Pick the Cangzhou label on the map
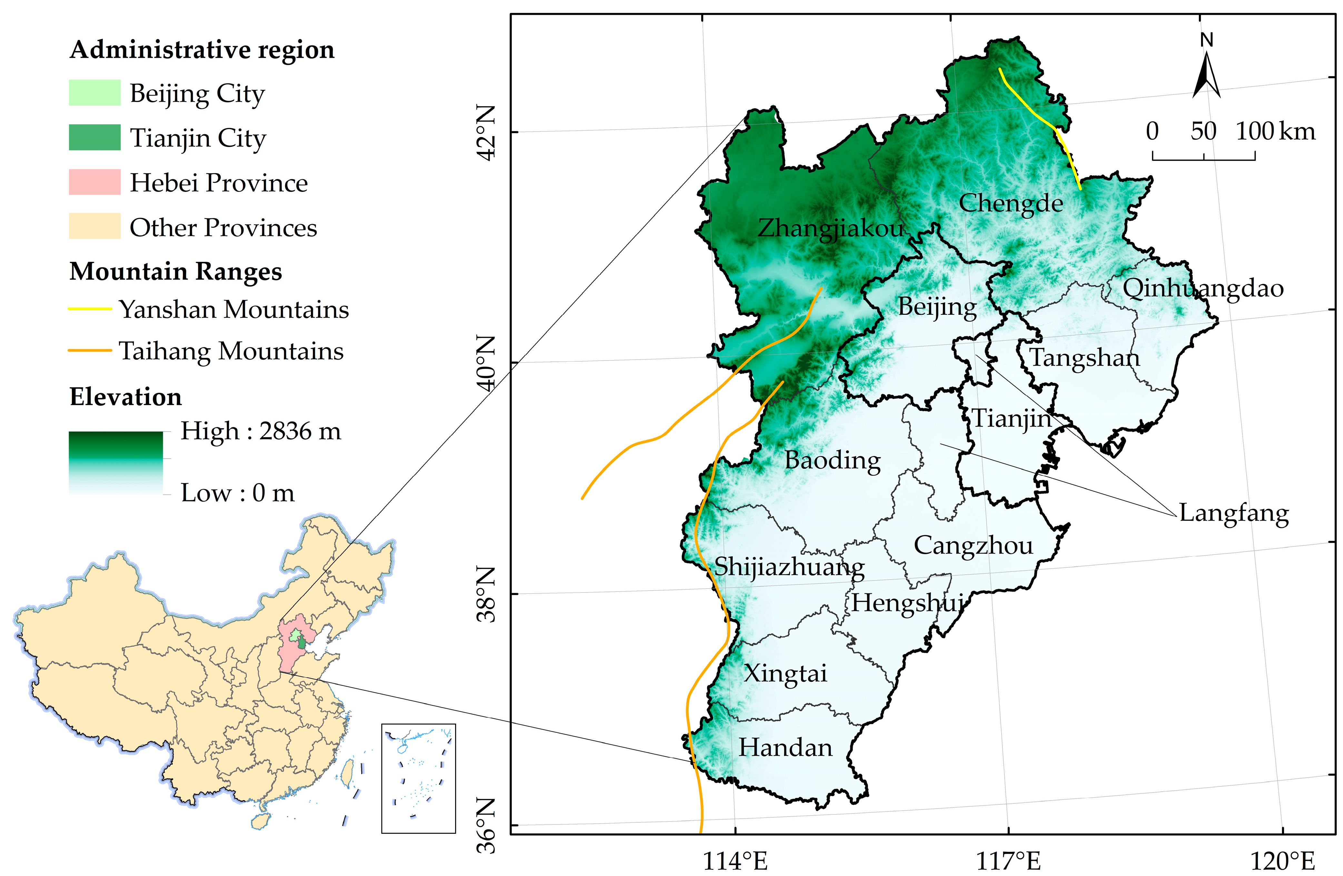pyautogui.click(x=973, y=545)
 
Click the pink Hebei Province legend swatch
pyautogui.click(x=95, y=182)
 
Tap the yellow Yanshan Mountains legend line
pyautogui.click(x=90, y=309)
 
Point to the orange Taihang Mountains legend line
pyautogui.click(x=90, y=351)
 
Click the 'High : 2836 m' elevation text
pyautogui.click(x=261, y=431)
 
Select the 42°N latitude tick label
pyautogui.click(x=486, y=132)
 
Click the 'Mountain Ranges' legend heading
pyautogui.click(x=175, y=272)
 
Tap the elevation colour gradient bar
pyautogui.click(x=116, y=463)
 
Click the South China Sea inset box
pyautogui.click(x=418, y=778)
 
